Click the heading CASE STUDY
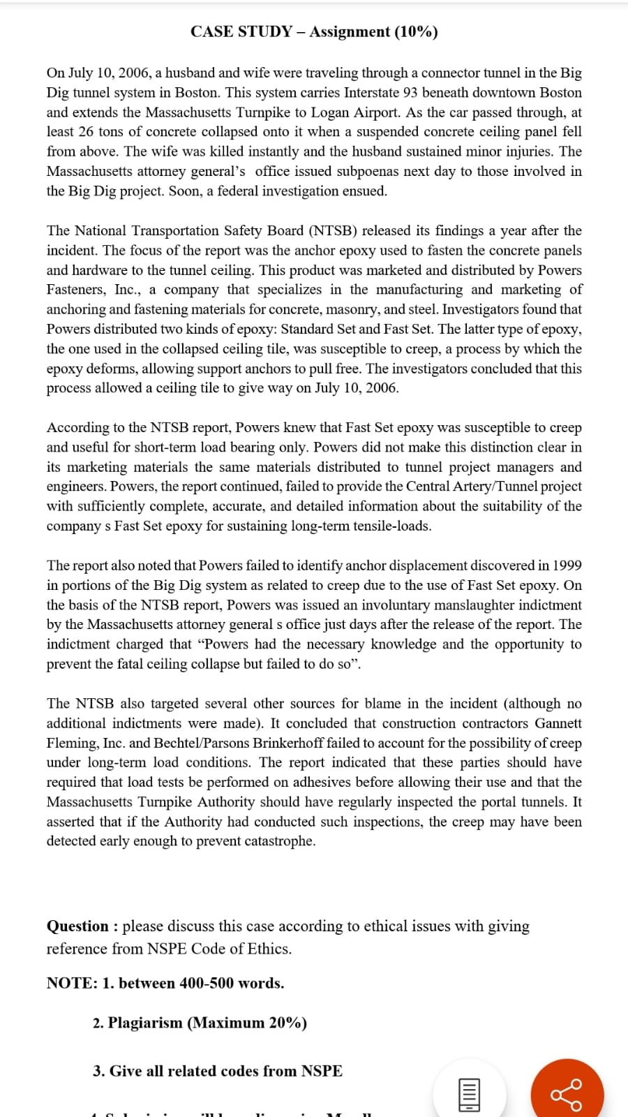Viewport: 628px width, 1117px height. (241, 31)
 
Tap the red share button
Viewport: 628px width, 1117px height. (567, 1095)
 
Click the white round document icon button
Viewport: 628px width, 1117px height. (469, 1095)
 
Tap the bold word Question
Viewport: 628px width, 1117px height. (77, 926)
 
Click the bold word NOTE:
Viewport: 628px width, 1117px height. (72, 983)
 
